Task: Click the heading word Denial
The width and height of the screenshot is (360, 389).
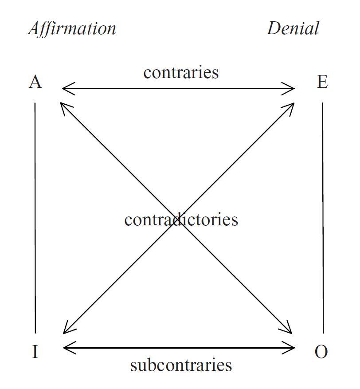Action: (293, 28)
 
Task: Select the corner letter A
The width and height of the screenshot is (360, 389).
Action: (35, 82)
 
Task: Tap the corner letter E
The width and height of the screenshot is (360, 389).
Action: (322, 82)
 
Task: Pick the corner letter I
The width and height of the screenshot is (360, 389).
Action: (35, 352)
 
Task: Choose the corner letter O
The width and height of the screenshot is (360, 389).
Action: (321, 352)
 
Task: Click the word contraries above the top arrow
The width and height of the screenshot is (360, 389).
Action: (181, 72)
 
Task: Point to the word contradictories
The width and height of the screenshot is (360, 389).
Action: (181, 220)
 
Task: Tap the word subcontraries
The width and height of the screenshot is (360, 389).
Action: (181, 365)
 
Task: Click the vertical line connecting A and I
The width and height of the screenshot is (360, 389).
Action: (35, 218)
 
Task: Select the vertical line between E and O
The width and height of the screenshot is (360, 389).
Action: (323, 218)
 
